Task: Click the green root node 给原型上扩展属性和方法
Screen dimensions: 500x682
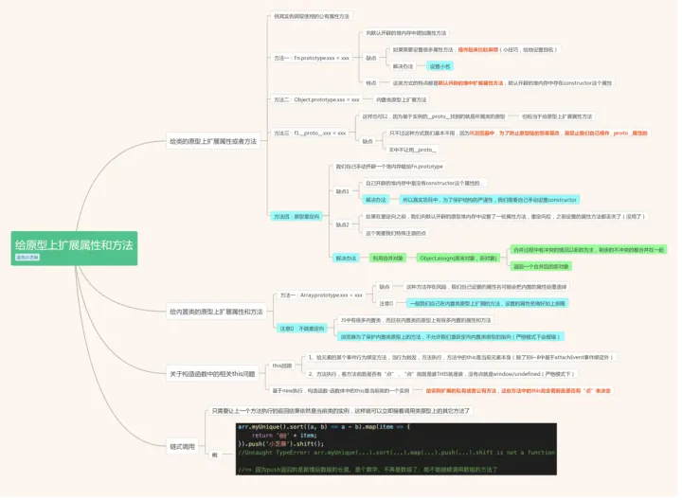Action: tap(74, 245)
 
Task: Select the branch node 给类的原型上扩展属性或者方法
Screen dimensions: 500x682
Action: tap(212, 141)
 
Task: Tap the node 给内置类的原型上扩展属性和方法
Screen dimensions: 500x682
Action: tap(216, 312)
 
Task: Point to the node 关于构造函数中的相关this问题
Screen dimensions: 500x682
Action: tap(212, 374)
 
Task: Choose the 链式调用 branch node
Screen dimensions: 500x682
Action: tap(182, 445)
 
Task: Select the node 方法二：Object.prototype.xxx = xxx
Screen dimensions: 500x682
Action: tap(316, 99)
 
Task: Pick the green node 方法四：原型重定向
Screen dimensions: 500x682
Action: tap(295, 217)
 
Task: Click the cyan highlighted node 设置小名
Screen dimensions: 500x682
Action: tap(440, 66)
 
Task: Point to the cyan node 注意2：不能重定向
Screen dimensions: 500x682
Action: tap(301, 329)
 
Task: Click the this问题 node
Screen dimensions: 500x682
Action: tap(282, 366)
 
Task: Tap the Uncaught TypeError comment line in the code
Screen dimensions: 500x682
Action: tap(396, 453)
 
